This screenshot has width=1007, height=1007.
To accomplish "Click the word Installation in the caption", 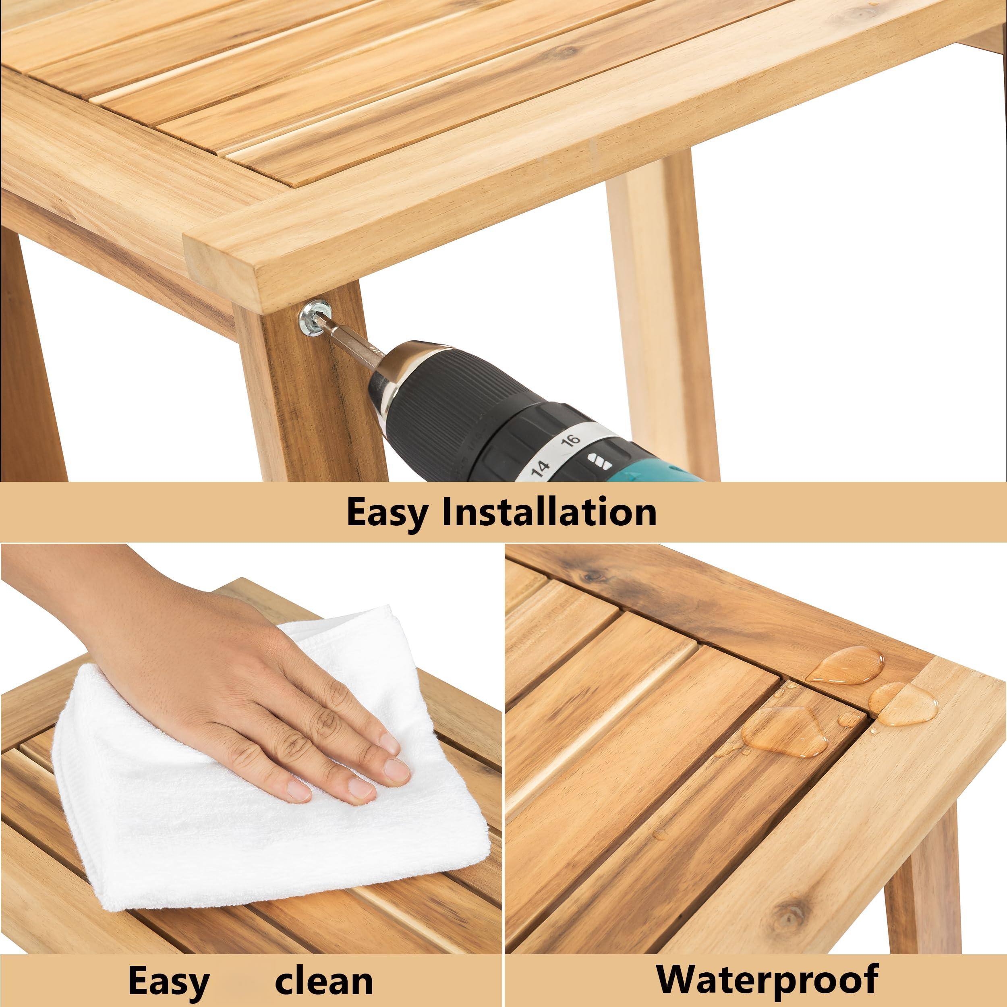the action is pos(549,512).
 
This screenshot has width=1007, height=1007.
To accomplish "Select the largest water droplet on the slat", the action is pos(784,731).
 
